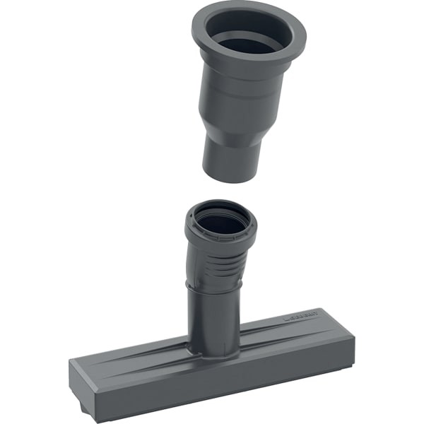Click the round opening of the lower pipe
pyautogui.click(x=220, y=220)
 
